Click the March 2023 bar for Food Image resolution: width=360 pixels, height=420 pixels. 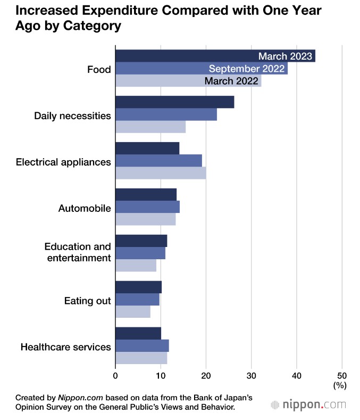click(x=215, y=56)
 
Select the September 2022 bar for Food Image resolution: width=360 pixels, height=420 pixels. click(x=201, y=69)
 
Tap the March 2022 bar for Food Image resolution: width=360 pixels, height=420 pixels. click(x=188, y=81)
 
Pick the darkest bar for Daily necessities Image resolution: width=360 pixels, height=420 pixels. click(x=174, y=102)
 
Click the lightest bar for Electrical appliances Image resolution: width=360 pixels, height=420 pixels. click(x=160, y=173)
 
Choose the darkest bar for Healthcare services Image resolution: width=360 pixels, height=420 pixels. click(x=138, y=334)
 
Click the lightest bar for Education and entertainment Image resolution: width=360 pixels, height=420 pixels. click(x=136, y=265)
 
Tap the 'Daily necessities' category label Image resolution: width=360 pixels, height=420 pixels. click(x=72, y=116)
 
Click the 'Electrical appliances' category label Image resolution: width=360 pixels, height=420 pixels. click(x=63, y=162)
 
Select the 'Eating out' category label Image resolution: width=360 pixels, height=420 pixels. click(x=87, y=301)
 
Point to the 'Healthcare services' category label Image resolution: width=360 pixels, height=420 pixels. click(x=65, y=347)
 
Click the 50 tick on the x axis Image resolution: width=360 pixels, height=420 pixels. click(x=342, y=374)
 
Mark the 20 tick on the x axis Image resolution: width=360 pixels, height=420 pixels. click(x=206, y=374)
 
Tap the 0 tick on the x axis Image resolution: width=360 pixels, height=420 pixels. click(x=115, y=374)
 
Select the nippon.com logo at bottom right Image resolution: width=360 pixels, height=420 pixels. click(x=308, y=405)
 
